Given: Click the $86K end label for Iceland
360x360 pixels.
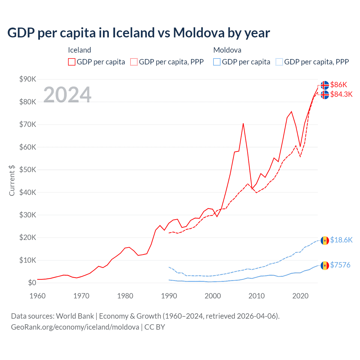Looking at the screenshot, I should (339, 85).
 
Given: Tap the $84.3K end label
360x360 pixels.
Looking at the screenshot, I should (341, 94).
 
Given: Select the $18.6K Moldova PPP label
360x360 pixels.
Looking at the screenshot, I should (341, 240).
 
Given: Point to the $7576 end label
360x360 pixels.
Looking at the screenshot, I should (340, 265).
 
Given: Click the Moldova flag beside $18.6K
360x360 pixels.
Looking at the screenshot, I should (325, 241).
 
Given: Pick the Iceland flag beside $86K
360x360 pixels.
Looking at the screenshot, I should (325, 85).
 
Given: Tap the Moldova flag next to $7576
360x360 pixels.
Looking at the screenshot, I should (325, 265).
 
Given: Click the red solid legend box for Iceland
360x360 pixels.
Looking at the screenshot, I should (72, 62).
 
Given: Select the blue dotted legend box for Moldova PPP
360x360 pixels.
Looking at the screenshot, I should (279, 62).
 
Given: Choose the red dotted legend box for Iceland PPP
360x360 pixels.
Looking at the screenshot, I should (134, 62).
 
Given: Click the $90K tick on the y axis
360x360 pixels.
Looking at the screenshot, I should (28, 79).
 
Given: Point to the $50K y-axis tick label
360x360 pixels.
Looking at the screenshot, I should (28, 170).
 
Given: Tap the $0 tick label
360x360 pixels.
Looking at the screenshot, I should (32, 283).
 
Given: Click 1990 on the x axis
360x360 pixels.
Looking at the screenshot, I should (169, 296).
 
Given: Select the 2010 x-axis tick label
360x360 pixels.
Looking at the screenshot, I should (256, 296).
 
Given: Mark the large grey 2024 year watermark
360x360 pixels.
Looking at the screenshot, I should (67, 94).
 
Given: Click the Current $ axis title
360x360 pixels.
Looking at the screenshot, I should (12, 180).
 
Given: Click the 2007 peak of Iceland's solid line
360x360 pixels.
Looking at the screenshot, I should (243, 123).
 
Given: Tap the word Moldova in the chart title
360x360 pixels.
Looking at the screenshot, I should (199, 33).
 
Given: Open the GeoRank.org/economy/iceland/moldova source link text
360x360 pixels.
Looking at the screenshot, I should (75, 327).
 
